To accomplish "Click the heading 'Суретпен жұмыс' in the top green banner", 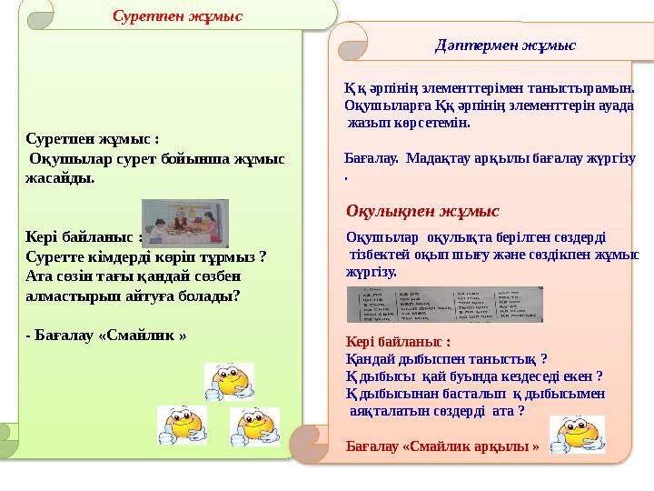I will click(177, 15).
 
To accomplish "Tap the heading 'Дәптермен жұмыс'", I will click(507, 44).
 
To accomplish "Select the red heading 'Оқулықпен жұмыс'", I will click(422, 211).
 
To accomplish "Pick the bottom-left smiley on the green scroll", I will click(182, 425).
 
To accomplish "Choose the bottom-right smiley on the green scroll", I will click(254, 426).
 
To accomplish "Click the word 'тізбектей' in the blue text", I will click(383, 255).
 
